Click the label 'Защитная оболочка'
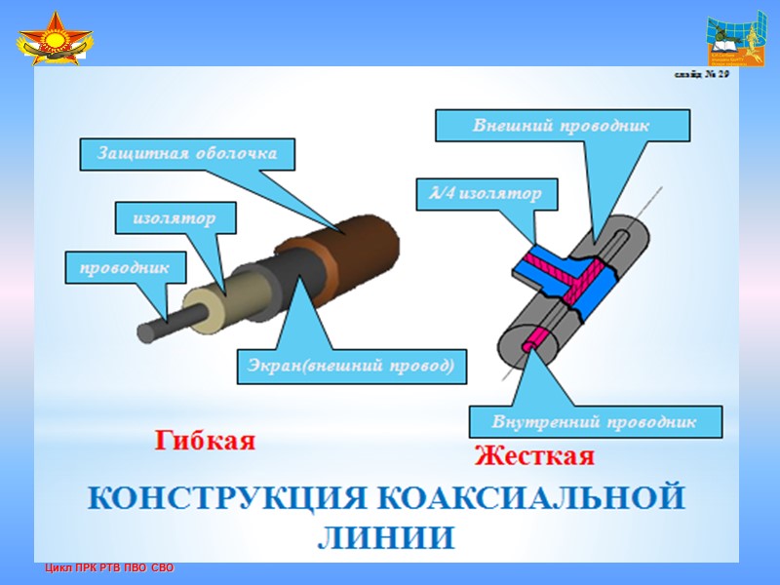click(x=186, y=153)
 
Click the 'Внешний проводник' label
click(x=562, y=125)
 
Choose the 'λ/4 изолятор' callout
click(x=485, y=194)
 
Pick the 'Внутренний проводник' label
click(x=595, y=422)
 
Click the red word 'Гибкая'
click(x=205, y=441)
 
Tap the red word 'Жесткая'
click(x=533, y=455)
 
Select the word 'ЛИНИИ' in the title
click(x=386, y=537)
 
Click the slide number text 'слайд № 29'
click(x=698, y=78)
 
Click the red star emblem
click(x=55, y=41)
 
